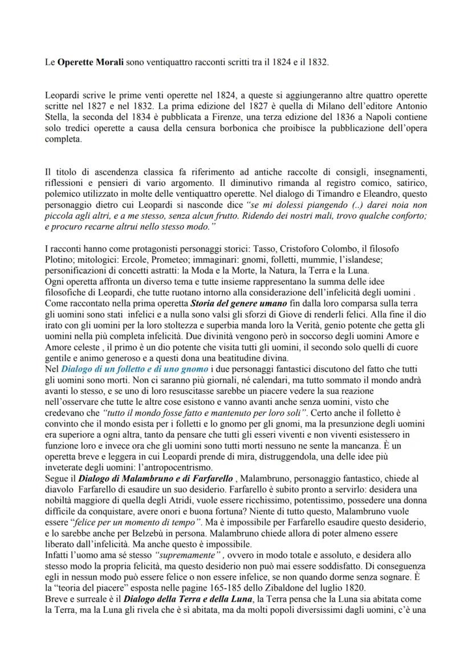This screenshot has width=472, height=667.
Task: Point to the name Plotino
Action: point(60,258)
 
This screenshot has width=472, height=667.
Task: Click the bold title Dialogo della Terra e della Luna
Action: point(189,598)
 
